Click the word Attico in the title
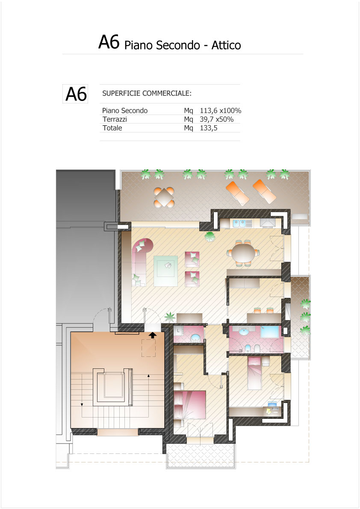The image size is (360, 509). coord(226,45)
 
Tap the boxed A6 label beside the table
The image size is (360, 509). coord(75,94)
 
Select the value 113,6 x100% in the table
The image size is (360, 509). coord(221,111)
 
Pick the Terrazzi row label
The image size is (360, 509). coord(115,120)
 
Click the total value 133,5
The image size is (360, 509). coord(208,128)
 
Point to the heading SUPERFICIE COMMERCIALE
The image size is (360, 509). coord(147,94)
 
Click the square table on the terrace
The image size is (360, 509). coord(164,197)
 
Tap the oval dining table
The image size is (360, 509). coord(243,253)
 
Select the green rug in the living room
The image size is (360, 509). coord(165,271)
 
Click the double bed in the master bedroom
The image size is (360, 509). coord(190,404)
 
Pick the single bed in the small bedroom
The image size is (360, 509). coord(254,373)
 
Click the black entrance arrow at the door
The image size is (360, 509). coord(153,335)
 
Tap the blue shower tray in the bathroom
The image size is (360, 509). coord(269,333)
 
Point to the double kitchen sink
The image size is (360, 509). coord(239,224)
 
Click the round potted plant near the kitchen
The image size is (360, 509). coord(210,236)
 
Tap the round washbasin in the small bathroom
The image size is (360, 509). coord(195,338)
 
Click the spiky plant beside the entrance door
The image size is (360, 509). coord(170,317)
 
